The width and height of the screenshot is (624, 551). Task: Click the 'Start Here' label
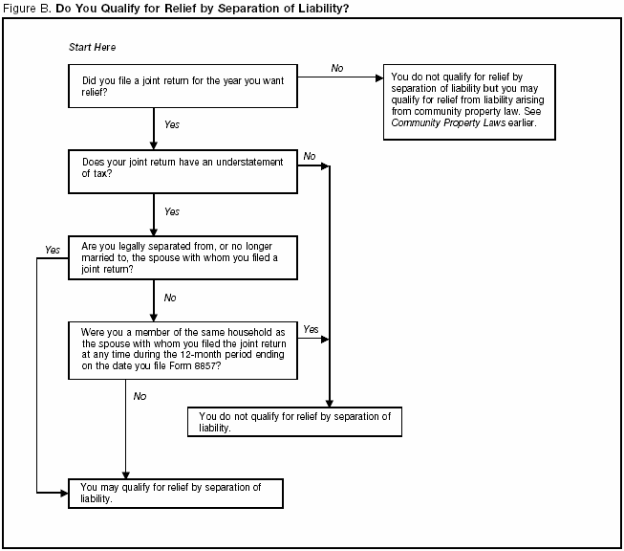point(93,47)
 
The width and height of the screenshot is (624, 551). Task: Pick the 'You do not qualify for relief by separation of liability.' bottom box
point(294,423)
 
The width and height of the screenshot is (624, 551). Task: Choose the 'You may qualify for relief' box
point(176,493)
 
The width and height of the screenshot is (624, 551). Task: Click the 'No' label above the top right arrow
point(337,68)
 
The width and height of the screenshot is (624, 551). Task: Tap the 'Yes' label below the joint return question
point(172,125)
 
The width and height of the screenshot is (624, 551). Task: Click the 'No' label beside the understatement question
point(310,156)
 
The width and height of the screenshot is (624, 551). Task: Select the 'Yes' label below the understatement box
point(172,211)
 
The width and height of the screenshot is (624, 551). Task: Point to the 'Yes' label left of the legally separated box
point(52,250)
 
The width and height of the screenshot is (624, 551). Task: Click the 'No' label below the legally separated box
point(170,298)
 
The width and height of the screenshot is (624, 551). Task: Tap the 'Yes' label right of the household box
point(311,328)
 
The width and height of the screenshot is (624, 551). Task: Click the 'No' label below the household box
point(140,395)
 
